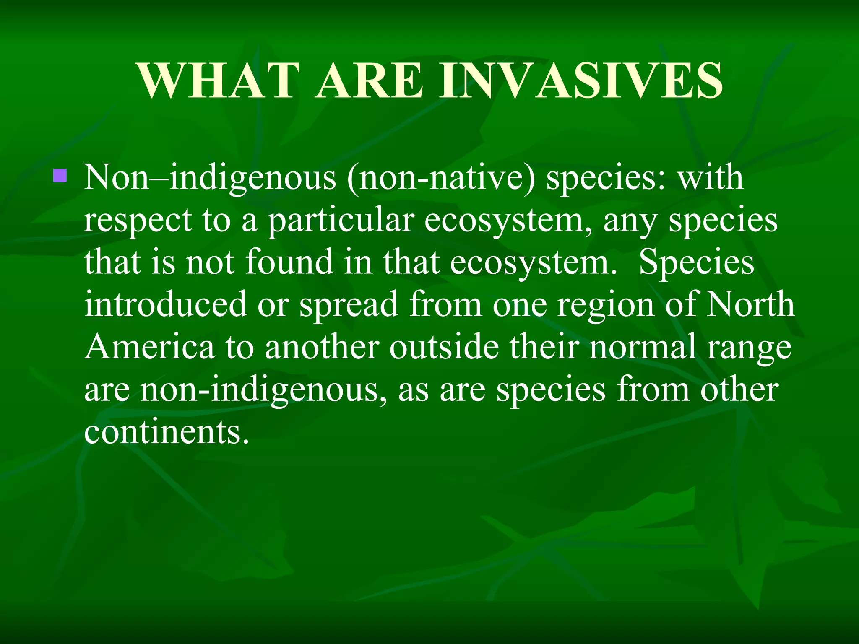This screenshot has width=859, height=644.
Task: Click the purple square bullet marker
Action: (60, 175)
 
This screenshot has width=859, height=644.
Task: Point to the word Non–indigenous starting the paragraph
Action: (210, 178)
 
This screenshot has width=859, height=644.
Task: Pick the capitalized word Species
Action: (696, 262)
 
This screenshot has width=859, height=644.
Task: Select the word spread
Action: (349, 305)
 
